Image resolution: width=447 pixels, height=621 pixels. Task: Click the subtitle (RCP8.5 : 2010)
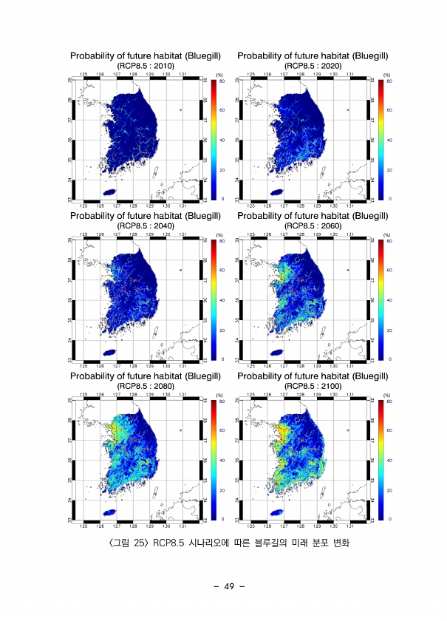pos(146,66)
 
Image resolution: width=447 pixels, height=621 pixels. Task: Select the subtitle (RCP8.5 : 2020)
pos(313,66)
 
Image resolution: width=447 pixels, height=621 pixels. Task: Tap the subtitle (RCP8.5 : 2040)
pos(146,225)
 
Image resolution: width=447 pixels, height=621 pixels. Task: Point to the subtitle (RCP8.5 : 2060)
pos(313,225)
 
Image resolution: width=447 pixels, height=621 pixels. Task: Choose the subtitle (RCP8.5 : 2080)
pos(146,385)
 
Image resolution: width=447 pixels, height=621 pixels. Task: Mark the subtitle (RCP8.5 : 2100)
pos(313,385)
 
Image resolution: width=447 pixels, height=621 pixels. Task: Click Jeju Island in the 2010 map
pos(109,191)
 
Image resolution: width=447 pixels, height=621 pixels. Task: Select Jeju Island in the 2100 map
pos(277,512)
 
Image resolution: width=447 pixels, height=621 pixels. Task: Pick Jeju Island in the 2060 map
pos(277,352)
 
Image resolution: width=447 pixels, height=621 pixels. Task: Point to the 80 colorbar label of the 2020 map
pos(389,81)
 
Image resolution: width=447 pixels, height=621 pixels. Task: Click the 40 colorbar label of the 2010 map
pos(222,140)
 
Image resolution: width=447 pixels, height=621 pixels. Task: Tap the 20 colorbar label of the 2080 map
pos(222,490)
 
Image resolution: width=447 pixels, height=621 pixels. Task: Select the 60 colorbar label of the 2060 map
pos(389,271)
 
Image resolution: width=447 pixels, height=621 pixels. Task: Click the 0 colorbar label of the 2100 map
pos(389,520)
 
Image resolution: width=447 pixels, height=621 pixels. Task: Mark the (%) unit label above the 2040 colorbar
pos(219,236)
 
